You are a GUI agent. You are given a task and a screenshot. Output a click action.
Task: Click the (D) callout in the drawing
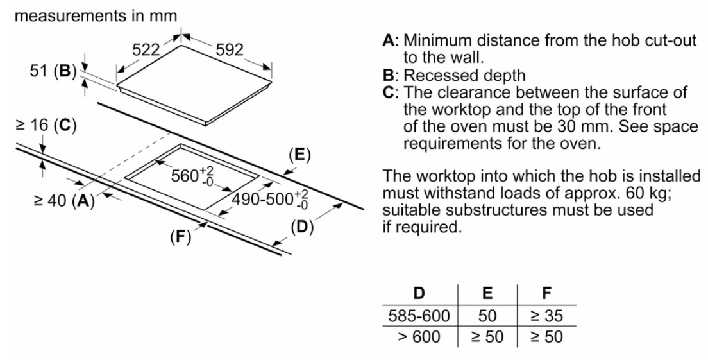click(300, 226)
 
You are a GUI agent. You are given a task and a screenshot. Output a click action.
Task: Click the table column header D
click(419, 293)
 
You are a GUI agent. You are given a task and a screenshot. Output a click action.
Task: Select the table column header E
click(487, 293)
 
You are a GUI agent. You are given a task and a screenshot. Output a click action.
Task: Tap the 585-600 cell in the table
click(419, 316)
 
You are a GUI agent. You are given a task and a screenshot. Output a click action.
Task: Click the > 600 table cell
click(419, 337)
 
